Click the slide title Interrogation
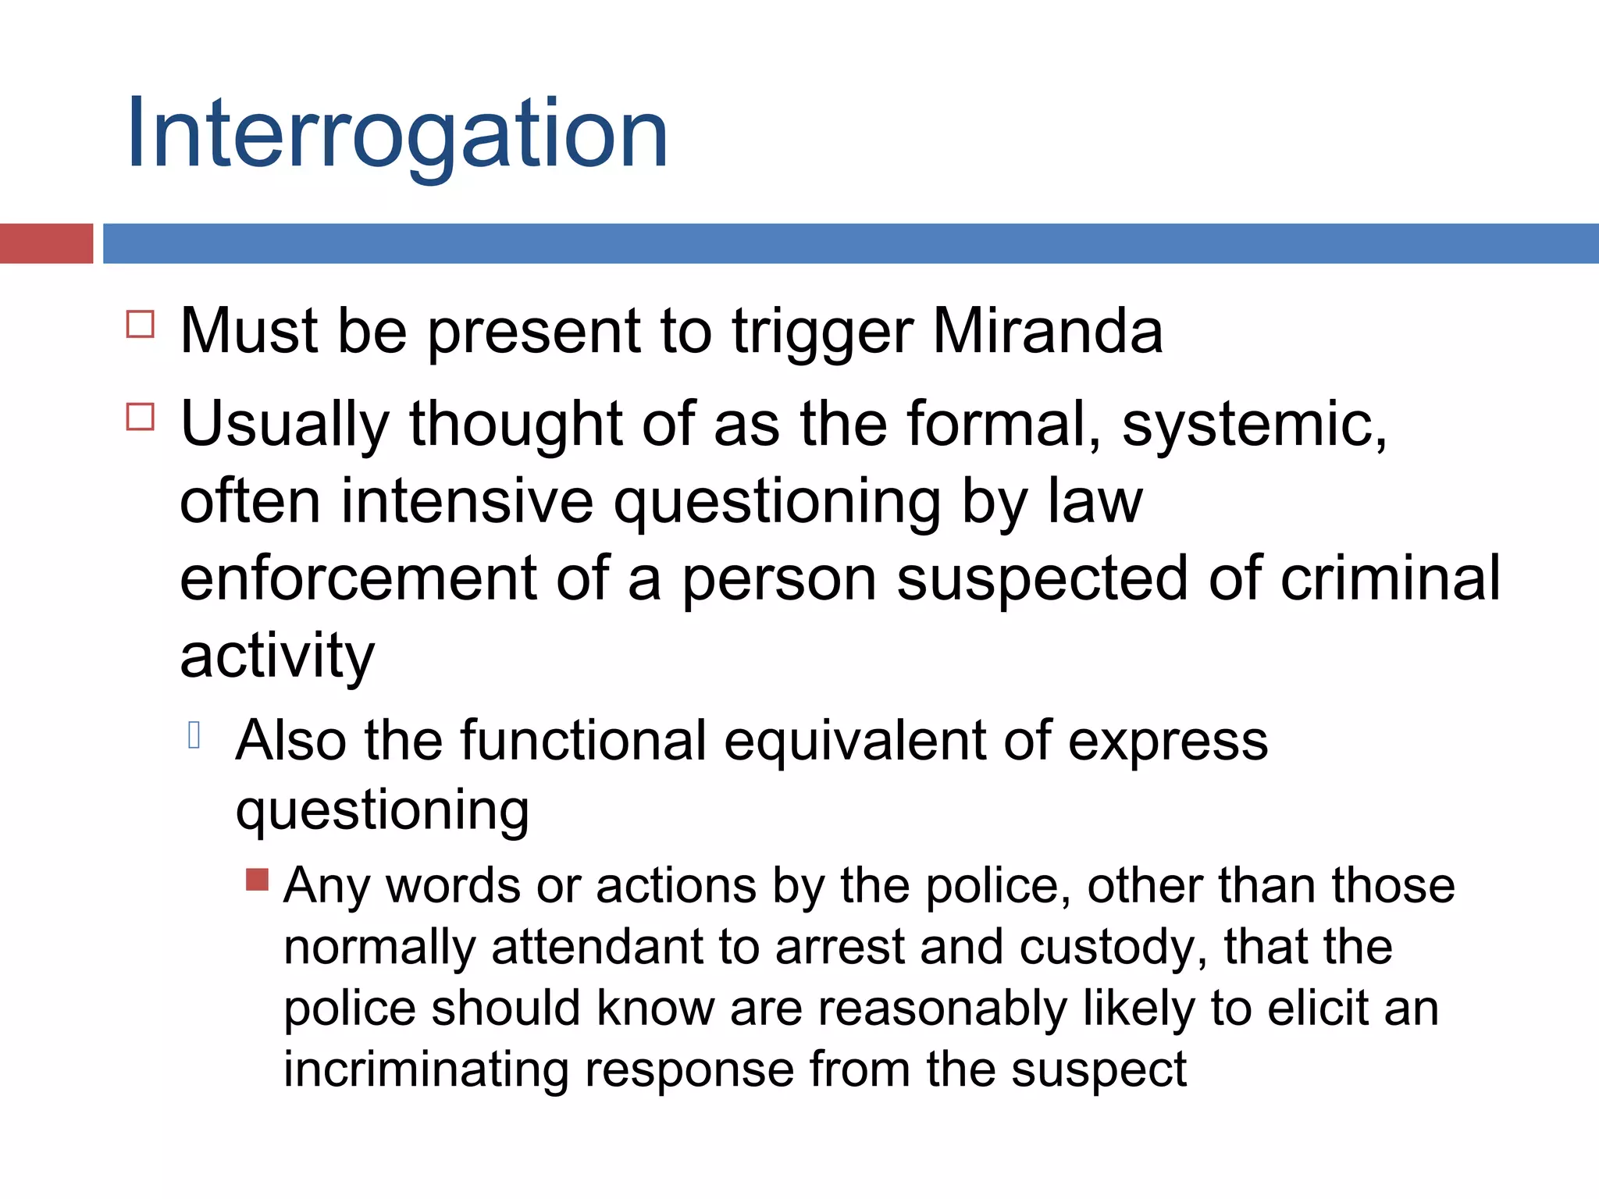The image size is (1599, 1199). click(397, 134)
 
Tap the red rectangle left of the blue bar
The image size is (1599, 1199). click(46, 244)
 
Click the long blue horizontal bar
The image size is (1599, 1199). click(849, 244)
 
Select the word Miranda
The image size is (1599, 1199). click(1047, 331)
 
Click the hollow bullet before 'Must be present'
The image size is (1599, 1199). click(141, 324)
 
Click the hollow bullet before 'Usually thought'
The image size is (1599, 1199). click(141, 417)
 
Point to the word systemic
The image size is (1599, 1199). click(1254, 425)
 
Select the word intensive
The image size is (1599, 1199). click(467, 501)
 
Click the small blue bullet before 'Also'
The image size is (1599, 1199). click(194, 735)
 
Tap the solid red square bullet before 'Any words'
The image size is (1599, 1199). click(257, 880)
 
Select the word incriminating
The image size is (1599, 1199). click(425, 1069)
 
